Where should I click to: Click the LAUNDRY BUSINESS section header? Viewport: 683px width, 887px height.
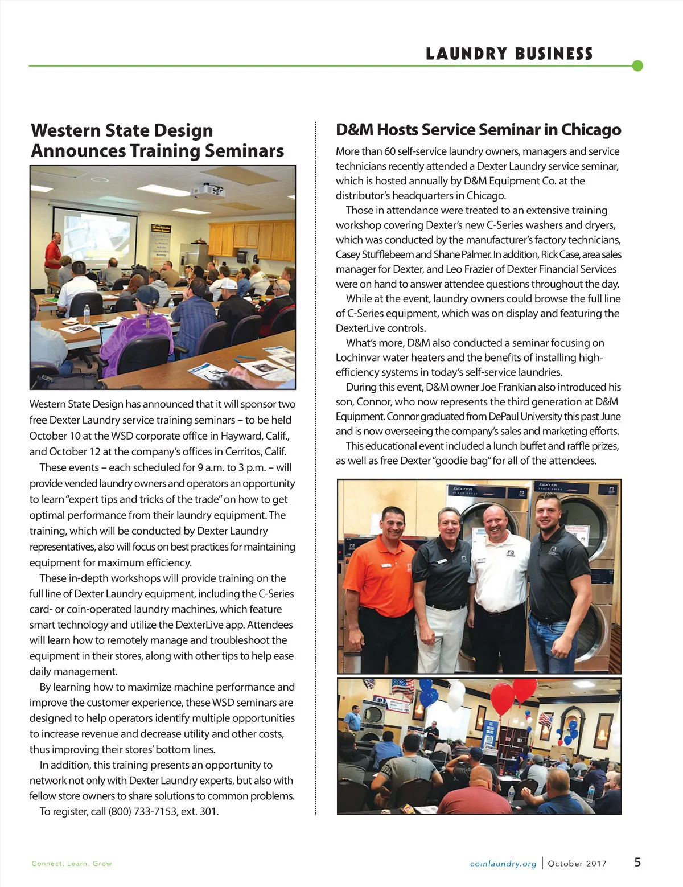tap(509, 54)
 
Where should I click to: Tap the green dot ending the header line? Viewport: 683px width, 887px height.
tap(637, 65)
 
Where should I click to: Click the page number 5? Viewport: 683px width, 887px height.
tap(637, 862)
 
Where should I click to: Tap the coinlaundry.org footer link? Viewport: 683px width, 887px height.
tap(503, 864)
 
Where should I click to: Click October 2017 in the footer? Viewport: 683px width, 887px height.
tap(577, 864)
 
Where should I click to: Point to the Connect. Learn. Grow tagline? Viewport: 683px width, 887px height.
tap(72, 864)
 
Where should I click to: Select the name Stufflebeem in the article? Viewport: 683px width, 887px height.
tap(385, 254)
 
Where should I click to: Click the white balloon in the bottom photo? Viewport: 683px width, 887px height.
tap(456, 693)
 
